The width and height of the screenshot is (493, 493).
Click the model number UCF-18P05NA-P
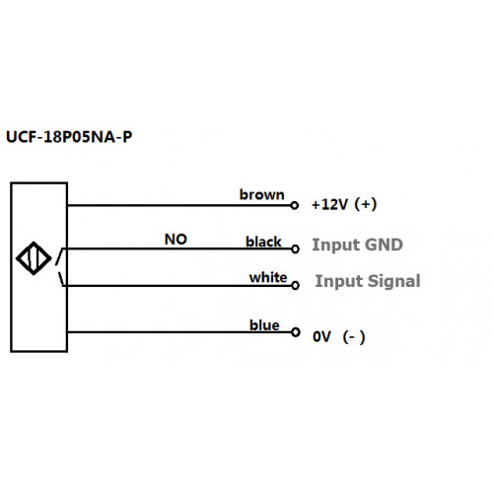[69, 137]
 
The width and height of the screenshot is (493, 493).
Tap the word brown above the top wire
[261, 195]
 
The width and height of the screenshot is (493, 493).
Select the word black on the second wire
[263, 242]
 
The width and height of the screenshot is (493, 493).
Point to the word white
[268, 277]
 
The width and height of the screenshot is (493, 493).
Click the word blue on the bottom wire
[264, 325]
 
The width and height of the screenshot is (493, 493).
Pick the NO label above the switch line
[176, 240]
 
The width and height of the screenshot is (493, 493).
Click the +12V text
[329, 204]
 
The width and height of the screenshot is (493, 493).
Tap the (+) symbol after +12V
[366, 204]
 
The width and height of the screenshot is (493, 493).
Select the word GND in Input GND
[384, 245]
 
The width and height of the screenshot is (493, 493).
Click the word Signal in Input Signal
[393, 281]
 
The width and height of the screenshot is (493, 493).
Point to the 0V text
[321, 337]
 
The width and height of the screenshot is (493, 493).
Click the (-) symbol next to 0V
[354, 337]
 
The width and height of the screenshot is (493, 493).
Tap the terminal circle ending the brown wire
[295, 205]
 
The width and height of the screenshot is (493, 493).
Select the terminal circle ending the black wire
[295, 249]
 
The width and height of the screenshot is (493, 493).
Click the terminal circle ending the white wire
[295, 285]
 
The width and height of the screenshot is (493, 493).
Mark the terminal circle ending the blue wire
[296, 332]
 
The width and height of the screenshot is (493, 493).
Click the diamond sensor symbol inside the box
[34, 258]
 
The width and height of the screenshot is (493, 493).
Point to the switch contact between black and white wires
[59, 267]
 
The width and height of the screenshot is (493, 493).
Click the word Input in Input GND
[336, 246]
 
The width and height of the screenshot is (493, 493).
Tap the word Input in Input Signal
[339, 282]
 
